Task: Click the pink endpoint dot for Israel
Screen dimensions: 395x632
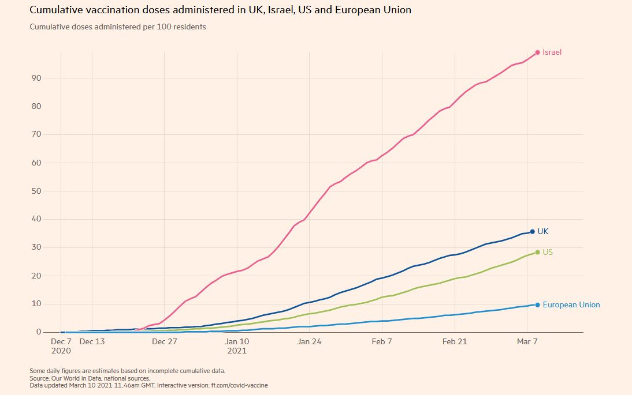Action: coord(537,52)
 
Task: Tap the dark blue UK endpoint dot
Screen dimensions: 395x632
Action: coord(532,232)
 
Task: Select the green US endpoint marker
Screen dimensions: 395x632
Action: coord(537,252)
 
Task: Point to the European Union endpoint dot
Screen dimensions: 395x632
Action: coord(537,305)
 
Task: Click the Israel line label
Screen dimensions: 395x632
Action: coord(552,52)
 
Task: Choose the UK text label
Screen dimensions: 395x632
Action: coord(543,232)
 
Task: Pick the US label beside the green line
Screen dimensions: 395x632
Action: coord(548,253)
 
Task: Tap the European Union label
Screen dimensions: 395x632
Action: coord(571,305)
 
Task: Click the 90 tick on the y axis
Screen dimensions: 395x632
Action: coord(36,78)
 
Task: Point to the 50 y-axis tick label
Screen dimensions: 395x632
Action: coord(36,191)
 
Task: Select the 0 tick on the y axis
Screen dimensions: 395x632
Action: coord(39,332)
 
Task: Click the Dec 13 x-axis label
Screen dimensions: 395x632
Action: coord(92,341)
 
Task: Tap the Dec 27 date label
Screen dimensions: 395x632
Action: coord(165,341)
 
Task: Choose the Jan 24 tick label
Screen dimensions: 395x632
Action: coord(309,341)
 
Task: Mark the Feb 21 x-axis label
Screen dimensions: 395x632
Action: coord(455,341)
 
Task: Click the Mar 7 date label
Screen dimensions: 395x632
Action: coord(527,341)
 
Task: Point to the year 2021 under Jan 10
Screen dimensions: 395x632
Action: coord(237,351)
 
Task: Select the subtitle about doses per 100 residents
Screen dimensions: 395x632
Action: coord(118,27)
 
